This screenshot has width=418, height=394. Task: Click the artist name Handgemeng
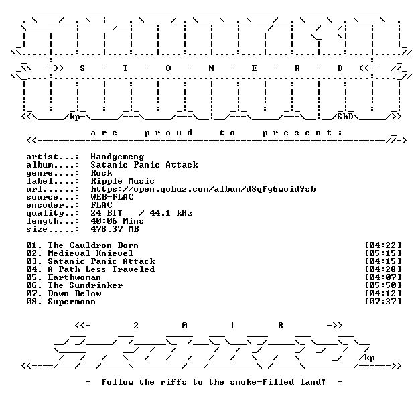point(117,157)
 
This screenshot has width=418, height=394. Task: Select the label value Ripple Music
point(123,181)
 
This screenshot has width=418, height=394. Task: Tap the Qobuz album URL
point(204,189)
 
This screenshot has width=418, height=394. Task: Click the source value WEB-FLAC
point(113,197)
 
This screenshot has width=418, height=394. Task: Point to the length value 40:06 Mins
point(117,221)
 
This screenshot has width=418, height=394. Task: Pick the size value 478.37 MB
point(115,229)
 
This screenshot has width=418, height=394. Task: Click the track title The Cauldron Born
point(93,245)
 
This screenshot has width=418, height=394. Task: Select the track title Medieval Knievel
point(90,253)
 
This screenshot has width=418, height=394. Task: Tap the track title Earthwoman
point(74,277)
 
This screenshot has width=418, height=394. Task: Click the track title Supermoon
point(72,302)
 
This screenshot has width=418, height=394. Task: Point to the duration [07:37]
point(382,302)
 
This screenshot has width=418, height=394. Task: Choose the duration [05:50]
point(382,285)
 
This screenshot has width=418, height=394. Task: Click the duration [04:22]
point(382,245)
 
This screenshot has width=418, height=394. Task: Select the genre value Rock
point(102,173)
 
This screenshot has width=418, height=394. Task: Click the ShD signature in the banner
point(345,117)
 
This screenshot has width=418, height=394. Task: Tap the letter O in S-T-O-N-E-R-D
point(168,68)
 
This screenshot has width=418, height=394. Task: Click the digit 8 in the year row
point(281,326)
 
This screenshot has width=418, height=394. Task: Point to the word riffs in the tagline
point(173,382)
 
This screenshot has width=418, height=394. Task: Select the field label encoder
point(45,206)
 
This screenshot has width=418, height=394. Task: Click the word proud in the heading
point(169,133)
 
